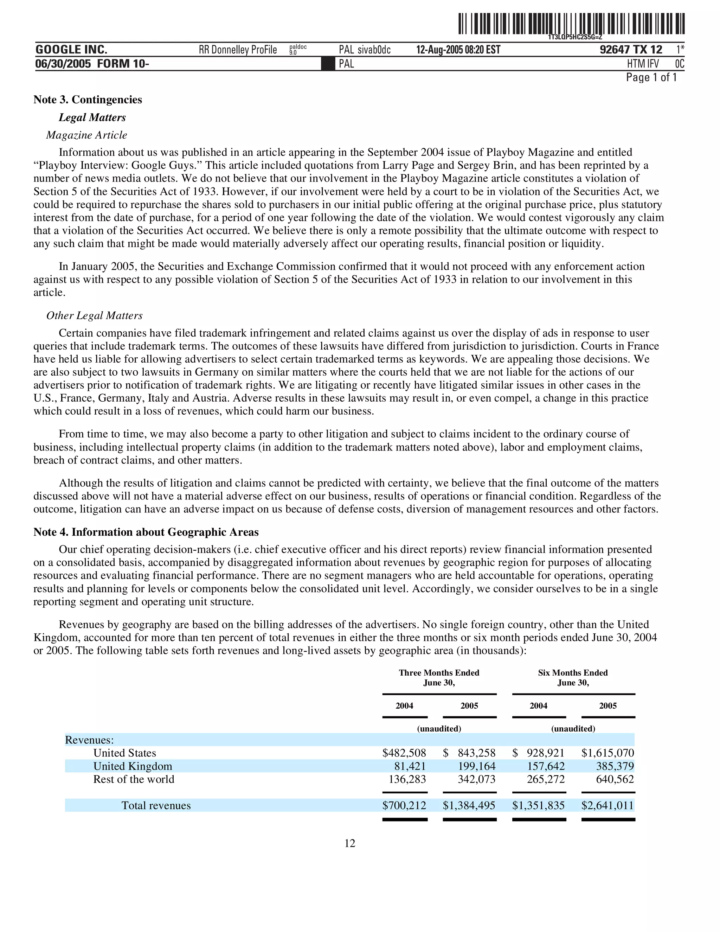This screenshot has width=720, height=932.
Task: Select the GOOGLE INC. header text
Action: click(x=71, y=50)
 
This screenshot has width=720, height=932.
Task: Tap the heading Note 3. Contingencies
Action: click(x=88, y=100)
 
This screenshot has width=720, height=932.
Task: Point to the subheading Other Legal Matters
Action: click(x=94, y=315)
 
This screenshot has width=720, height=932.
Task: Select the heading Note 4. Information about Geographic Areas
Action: click(x=146, y=532)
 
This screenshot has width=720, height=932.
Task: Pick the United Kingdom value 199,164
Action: click(x=476, y=766)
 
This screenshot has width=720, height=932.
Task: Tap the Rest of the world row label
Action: click(x=134, y=779)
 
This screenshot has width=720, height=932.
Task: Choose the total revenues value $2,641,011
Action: click(x=608, y=805)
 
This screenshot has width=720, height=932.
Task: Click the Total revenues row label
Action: click(x=156, y=805)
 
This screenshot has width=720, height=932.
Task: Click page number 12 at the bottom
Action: click(x=350, y=843)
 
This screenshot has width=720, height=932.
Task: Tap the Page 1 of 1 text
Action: click(x=651, y=78)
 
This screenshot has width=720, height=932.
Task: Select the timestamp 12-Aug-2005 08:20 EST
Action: click(x=458, y=50)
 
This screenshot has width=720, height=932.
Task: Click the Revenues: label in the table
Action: click(x=89, y=740)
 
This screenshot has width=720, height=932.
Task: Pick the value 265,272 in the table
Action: click(x=546, y=779)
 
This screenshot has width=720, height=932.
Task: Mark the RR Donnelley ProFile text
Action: click(x=238, y=50)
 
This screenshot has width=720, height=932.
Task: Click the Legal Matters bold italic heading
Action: click(x=92, y=117)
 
